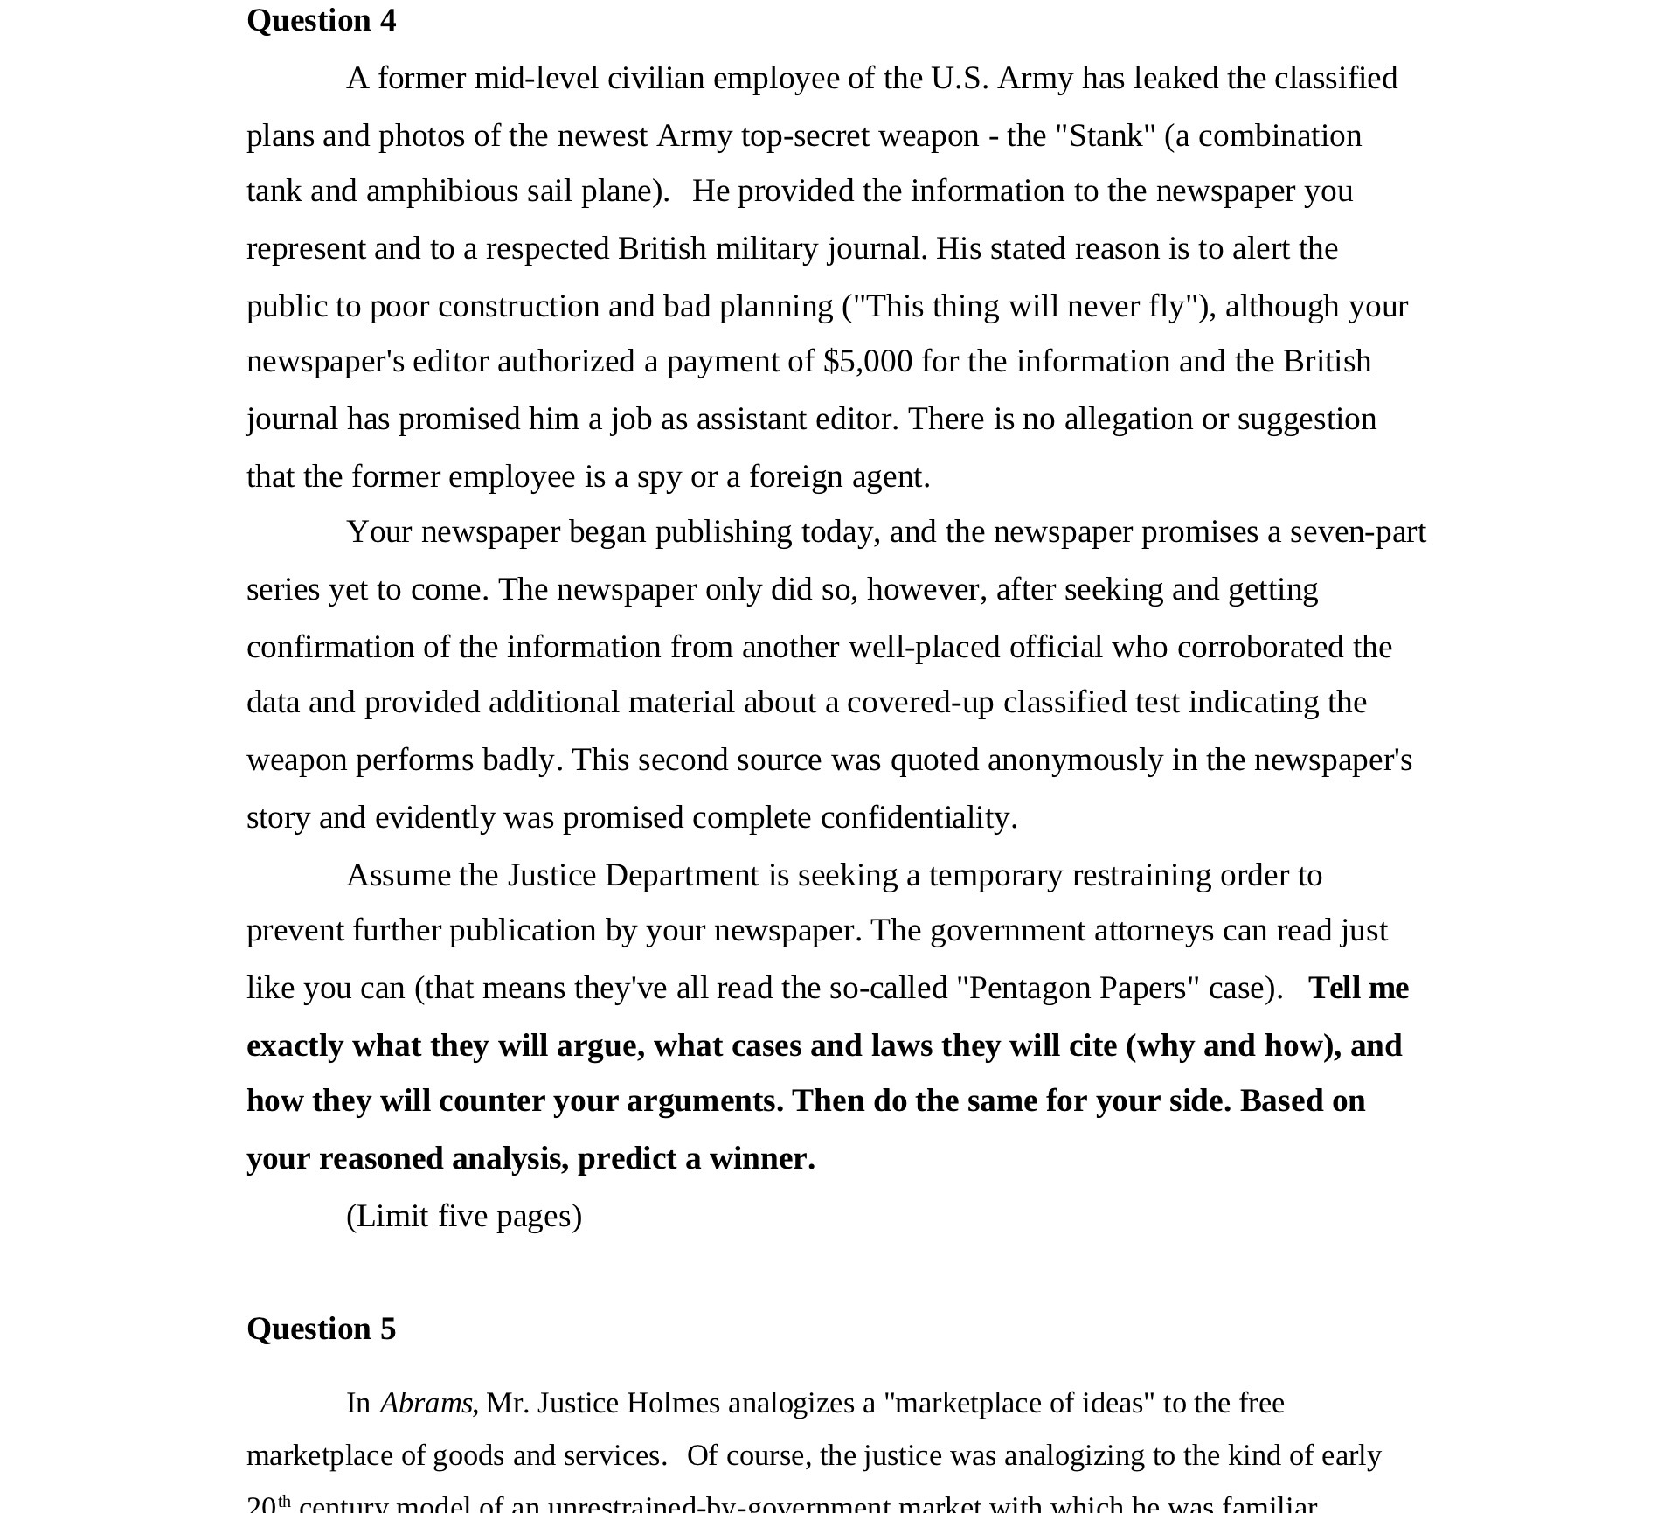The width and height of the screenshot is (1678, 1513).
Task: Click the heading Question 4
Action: tap(321, 20)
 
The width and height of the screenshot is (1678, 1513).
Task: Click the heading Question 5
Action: tap(321, 1329)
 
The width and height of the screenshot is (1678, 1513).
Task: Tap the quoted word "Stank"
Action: tap(1106, 135)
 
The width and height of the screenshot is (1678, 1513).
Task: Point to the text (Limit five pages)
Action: tap(464, 1216)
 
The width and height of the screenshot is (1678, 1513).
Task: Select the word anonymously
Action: tap(1075, 760)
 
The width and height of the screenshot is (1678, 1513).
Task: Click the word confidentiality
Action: tap(919, 817)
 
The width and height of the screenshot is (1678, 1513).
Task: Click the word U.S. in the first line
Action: tap(960, 78)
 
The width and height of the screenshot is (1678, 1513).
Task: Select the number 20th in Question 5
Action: tap(267, 1504)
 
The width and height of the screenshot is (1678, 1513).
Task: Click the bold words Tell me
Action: tap(1358, 988)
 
